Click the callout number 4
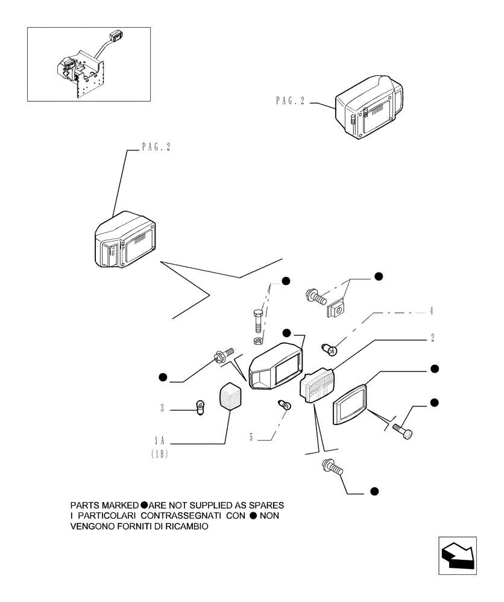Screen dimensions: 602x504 [432, 311]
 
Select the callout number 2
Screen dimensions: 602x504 [433, 338]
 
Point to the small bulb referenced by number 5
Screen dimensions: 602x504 [284, 405]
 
